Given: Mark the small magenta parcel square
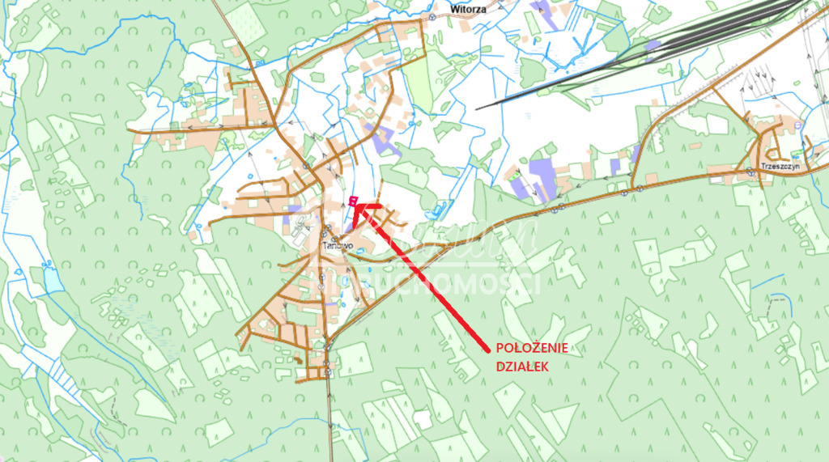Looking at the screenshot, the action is [352, 199].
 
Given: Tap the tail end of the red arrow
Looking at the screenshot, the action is [487, 350].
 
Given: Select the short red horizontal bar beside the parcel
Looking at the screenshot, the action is [370, 206].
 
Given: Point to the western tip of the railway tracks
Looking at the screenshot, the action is [478, 108].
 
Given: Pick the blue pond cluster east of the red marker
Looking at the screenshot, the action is [437, 211].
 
